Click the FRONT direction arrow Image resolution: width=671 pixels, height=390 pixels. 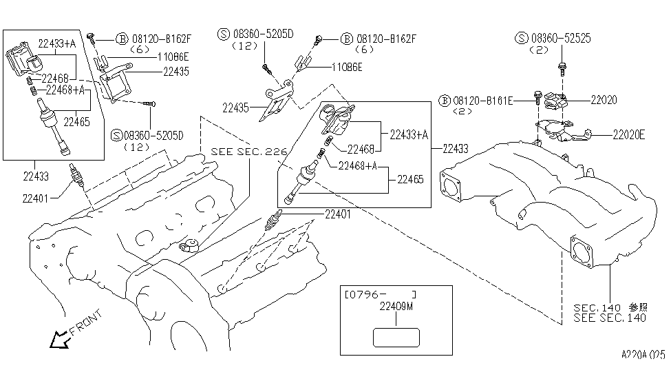[x=60, y=339]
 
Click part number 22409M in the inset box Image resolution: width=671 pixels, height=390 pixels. [x=396, y=307]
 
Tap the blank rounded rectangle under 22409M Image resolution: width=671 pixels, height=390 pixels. [x=396, y=337]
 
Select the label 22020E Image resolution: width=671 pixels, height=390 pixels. [x=628, y=135]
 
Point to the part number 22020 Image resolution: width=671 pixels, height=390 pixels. [x=604, y=100]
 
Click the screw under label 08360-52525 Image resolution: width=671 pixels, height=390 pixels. [x=562, y=69]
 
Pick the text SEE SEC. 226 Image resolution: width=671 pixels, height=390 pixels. [x=248, y=152]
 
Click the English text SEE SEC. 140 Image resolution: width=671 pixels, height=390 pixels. [x=610, y=318]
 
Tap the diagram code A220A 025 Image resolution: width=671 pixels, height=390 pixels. [x=643, y=354]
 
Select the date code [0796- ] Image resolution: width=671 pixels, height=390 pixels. [x=380, y=294]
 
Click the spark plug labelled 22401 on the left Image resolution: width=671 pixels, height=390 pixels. [x=77, y=175]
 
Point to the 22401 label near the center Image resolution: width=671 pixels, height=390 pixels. [x=338, y=214]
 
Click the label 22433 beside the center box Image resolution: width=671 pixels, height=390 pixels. [x=456, y=149]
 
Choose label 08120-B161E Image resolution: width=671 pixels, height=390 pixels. [x=482, y=101]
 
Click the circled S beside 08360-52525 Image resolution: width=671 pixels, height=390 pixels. [x=522, y=38]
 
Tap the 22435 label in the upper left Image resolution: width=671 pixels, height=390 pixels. [x=176, y=72]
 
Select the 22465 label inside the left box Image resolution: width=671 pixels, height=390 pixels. [x=76, y=122]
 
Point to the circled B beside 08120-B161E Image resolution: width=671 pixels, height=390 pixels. [x=445, y=101]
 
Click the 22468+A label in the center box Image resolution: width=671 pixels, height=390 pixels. [x=358, y=166]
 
